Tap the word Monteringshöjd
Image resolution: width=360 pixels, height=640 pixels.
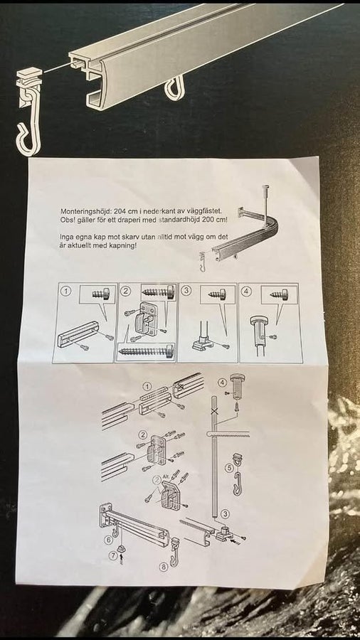[83, 212]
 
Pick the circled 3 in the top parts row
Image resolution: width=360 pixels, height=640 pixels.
[186, 291]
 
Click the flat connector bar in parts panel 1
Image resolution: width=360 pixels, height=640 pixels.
[78, 334]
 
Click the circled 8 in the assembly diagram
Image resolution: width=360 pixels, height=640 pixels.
[163, 567]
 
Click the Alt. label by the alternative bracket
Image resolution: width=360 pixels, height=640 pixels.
[165, 476]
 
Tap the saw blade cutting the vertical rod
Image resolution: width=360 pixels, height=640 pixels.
[228, 437]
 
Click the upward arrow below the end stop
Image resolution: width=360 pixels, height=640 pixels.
[121, 560]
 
